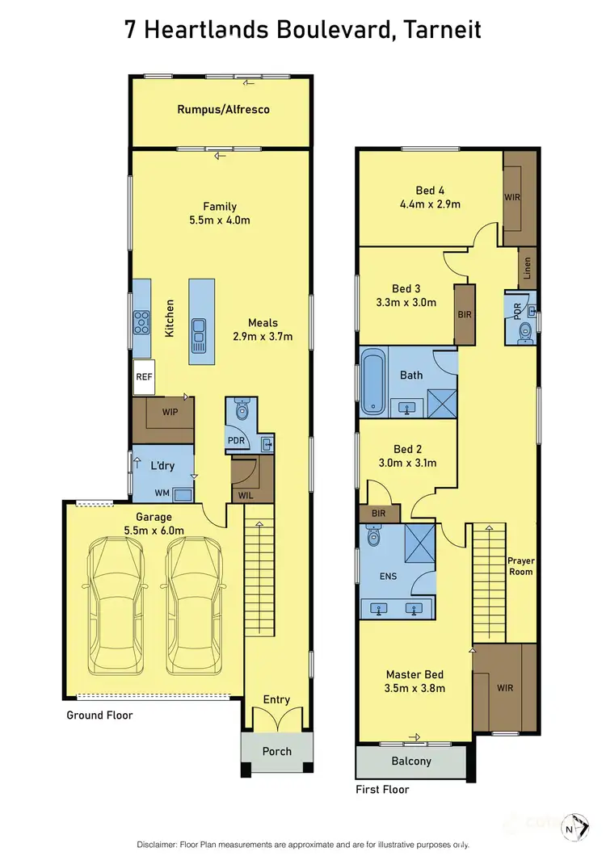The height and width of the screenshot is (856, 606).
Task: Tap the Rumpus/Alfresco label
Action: (x=224, y=109)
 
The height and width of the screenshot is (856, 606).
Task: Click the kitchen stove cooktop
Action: (x=142, y=322)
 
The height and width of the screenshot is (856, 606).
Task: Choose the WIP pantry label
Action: (x=169, y=412)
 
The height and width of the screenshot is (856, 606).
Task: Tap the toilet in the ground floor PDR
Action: (x=241, y=410)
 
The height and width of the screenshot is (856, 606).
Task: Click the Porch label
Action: (x=276, y=751)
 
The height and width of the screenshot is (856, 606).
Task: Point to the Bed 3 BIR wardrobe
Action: (x=464, y=313)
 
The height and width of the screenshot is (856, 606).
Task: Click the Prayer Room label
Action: (x=520, y=565)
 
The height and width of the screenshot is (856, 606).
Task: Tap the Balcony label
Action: (x=411, y=761)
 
